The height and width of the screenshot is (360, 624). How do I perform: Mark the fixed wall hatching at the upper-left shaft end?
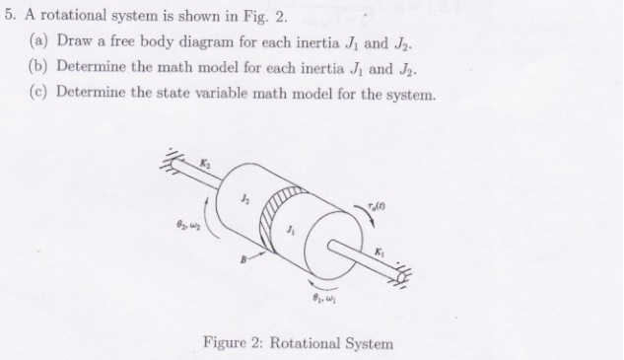coord(174,159)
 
